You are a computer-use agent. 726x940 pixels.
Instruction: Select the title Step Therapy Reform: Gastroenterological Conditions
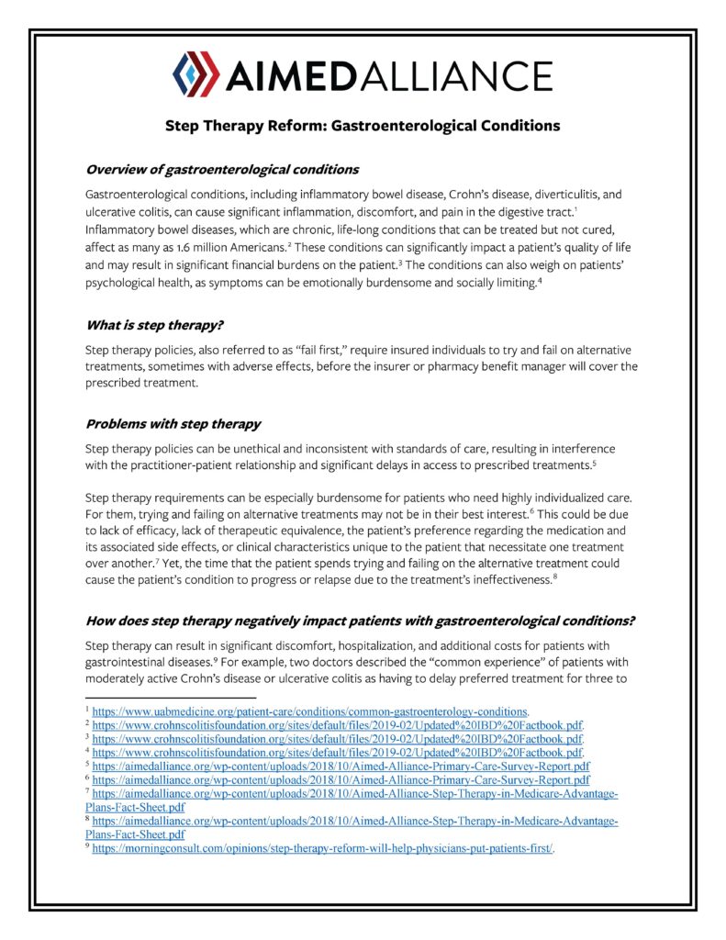coord(363,124)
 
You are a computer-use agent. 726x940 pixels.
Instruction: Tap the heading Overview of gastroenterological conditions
coord(221,170)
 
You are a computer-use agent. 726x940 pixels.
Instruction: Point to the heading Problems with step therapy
coord(173,423)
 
